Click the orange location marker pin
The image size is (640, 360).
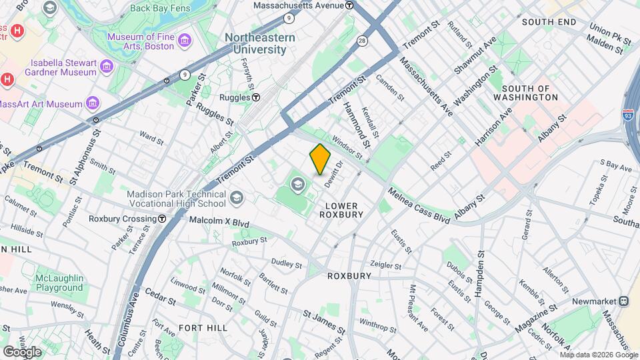(x=320, y=159)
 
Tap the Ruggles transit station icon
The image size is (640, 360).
(x=255, y=97)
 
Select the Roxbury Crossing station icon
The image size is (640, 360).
(x=162, y=219)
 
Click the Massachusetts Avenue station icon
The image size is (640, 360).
(x=350, y=5)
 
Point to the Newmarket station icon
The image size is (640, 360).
(x=623, y=301)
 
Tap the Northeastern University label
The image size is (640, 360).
(x=260, y=44)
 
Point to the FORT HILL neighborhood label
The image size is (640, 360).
(x=203, y=328)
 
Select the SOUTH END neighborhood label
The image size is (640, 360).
(x=549, y=22)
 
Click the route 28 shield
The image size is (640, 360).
(x=362, y=41)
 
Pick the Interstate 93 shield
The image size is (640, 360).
(x=627, y=115)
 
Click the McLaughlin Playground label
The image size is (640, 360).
(x=59, y=283)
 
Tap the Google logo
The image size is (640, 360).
(x=22, y=351)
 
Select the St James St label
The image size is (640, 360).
(x=324, y=321)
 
